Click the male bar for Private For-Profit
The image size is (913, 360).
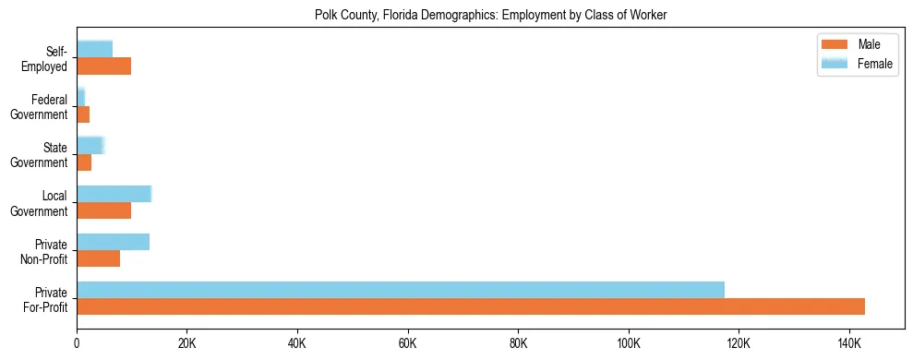click(x=471, y=306)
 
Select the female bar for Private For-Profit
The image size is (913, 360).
click(x=401, y=290)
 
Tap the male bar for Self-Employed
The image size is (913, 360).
click(x=103, y=66)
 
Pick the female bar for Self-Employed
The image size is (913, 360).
click(x=94, y=49)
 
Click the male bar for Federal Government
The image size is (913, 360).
click(x=83, y=114)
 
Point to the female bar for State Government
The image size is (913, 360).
click(x=90, y=145)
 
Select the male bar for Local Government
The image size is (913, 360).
click(x=103, y=210)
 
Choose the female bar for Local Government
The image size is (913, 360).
click(x=114, y=193)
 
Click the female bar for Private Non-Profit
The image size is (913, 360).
click(x=113, y=242)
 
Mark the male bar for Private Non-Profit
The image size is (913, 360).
click(x=98, y=258)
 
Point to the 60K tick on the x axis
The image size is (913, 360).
click(x=408, y=343)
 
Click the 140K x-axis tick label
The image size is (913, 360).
click(x=849, y=343)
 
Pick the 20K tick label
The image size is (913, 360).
click(x=186, y=343)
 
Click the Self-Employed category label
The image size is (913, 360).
click(x=46, y=58)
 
